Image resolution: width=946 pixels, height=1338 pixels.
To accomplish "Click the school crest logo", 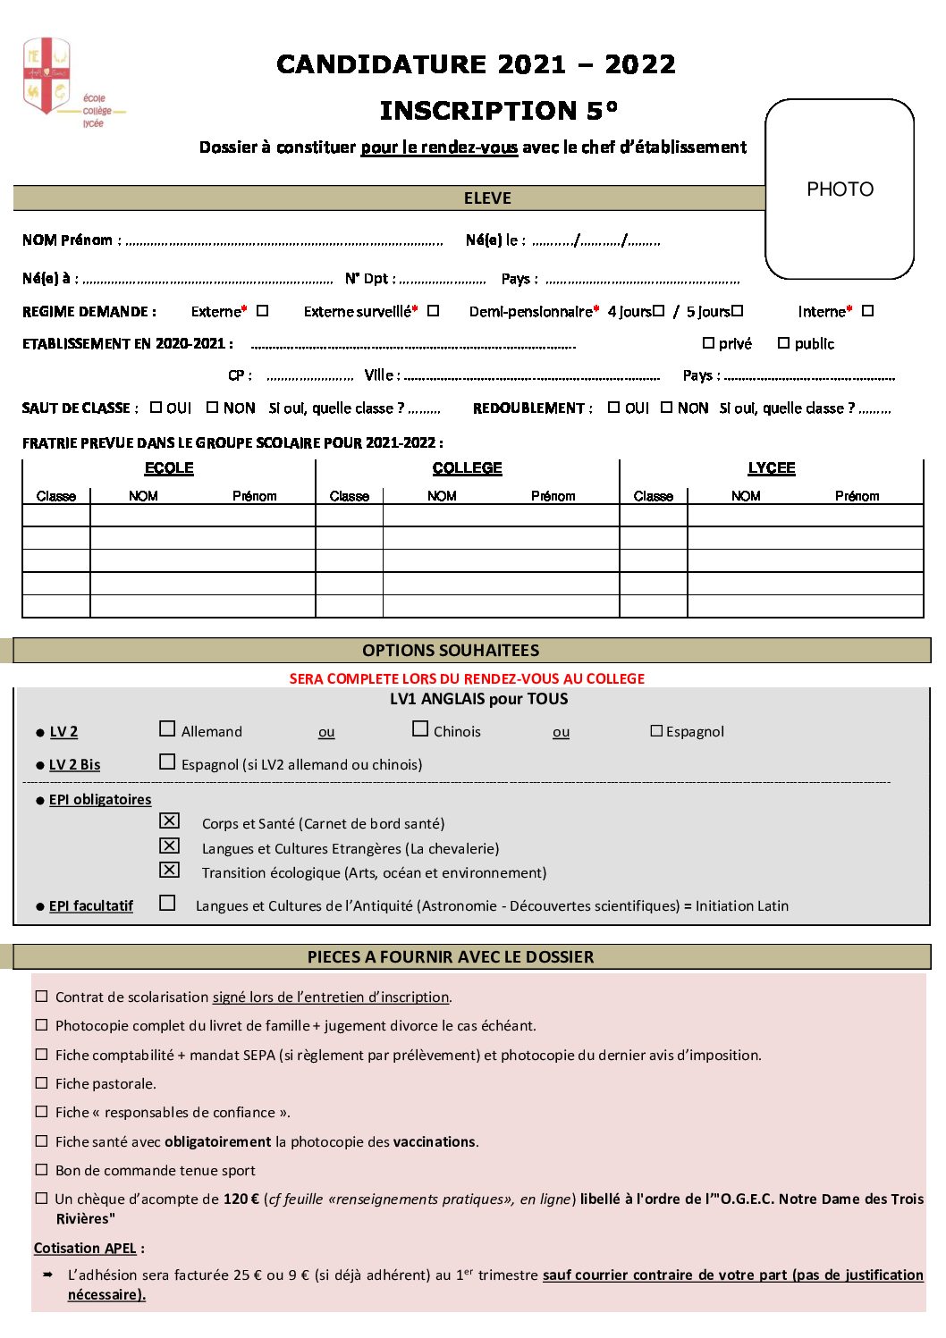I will click(46, 76).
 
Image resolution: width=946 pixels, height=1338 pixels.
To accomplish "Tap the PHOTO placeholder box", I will click(840, 189).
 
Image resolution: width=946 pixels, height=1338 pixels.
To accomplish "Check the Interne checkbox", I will click(867, 311).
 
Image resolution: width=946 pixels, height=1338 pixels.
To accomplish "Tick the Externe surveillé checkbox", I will click(433, 311).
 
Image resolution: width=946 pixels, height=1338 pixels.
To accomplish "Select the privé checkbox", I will click(708, 343).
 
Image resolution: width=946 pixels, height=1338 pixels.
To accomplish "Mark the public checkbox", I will click(783, 343).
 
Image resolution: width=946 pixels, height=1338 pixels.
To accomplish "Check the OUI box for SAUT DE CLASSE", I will click(156, 408).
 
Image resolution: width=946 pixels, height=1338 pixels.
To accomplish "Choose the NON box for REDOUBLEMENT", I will click(666, 408).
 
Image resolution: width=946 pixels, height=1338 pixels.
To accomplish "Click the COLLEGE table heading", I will click(467, 468).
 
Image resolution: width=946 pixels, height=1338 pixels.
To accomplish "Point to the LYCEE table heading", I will click(771, 468).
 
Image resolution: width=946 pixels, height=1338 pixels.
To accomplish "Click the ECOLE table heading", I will click(169, 468).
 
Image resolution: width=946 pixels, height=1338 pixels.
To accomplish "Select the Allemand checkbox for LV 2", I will click(167, 729).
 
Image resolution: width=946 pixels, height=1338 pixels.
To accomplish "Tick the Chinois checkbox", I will click(420, 729).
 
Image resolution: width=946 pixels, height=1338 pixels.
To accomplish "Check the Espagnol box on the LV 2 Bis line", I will click(167, 762).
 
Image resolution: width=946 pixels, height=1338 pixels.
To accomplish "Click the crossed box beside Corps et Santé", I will click(169, 820).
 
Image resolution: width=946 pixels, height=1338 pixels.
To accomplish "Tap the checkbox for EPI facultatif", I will click(167, 904).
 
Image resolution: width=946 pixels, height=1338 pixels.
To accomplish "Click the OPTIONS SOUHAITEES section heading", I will click(451, 651).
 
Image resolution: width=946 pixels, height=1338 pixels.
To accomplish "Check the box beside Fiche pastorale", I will click(41, 1083).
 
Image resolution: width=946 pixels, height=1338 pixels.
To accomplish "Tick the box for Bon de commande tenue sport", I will click(41, 1170).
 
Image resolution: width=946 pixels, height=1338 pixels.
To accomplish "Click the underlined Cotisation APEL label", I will click(85, 1249).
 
